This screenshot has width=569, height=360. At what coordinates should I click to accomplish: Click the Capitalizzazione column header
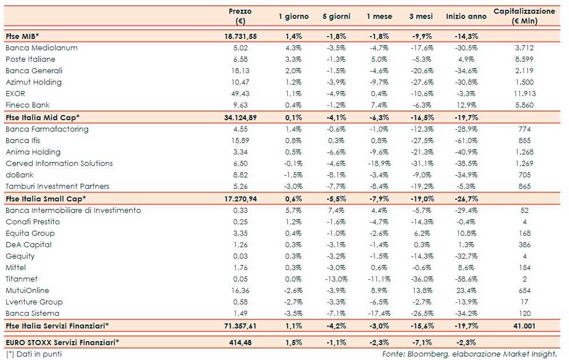(x=524, y=16)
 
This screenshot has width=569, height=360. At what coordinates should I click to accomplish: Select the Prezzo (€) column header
(x=240, y=16)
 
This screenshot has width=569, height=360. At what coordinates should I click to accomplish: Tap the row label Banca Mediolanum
(x=41, y=48)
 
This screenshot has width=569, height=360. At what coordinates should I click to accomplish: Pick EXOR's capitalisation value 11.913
(x=524, y=93)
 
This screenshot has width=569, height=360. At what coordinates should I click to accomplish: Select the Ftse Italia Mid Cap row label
(x=42, y=117)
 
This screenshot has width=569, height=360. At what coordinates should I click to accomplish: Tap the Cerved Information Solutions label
(x=59, y=163)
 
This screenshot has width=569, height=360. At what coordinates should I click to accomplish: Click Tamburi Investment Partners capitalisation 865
(x=524, y=186)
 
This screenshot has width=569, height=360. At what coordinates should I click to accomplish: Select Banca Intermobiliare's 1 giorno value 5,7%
(x=293, y=210)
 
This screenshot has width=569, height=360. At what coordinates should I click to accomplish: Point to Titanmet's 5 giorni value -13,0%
(x=336, y=279)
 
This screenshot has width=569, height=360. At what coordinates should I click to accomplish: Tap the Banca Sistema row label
(x=32, y=313)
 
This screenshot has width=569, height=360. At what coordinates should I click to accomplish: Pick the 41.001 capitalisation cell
(x=524, y=326)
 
